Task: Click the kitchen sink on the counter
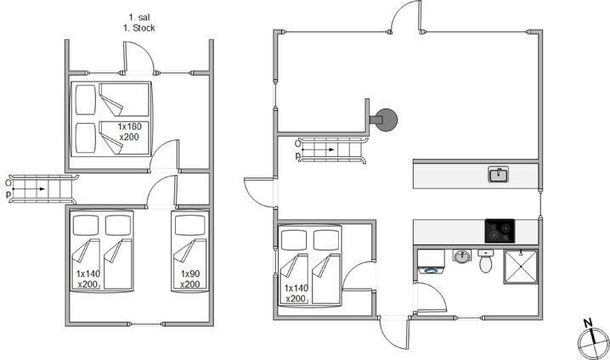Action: (499, 174)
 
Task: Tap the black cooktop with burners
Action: (500, 231)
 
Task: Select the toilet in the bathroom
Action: (485, 261)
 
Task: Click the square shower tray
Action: (521, 267)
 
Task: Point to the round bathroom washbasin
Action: (462, 256)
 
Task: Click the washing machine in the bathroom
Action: (431, 262)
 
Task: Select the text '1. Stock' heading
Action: (138, 28)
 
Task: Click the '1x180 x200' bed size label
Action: (129, 132)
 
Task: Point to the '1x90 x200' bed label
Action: (189, 279)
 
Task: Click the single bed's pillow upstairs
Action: (189, 226)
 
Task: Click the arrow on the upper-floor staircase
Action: (30, 189)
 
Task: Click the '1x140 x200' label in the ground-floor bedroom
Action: (296, 294)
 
